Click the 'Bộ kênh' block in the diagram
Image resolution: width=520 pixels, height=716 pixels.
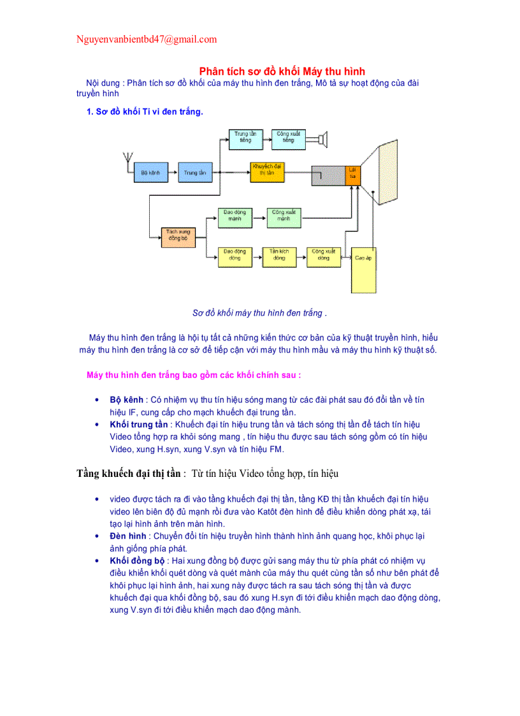150,173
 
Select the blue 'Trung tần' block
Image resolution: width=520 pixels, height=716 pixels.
194,173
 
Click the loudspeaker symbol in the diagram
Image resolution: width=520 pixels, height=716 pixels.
322,139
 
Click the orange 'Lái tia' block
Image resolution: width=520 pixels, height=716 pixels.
353,174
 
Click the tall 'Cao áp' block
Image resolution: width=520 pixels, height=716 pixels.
363,269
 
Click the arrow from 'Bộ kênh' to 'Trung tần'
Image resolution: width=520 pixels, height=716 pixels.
172,173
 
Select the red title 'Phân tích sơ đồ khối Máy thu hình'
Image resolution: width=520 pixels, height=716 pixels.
282,71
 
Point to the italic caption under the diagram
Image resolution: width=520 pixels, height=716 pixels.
259,313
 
